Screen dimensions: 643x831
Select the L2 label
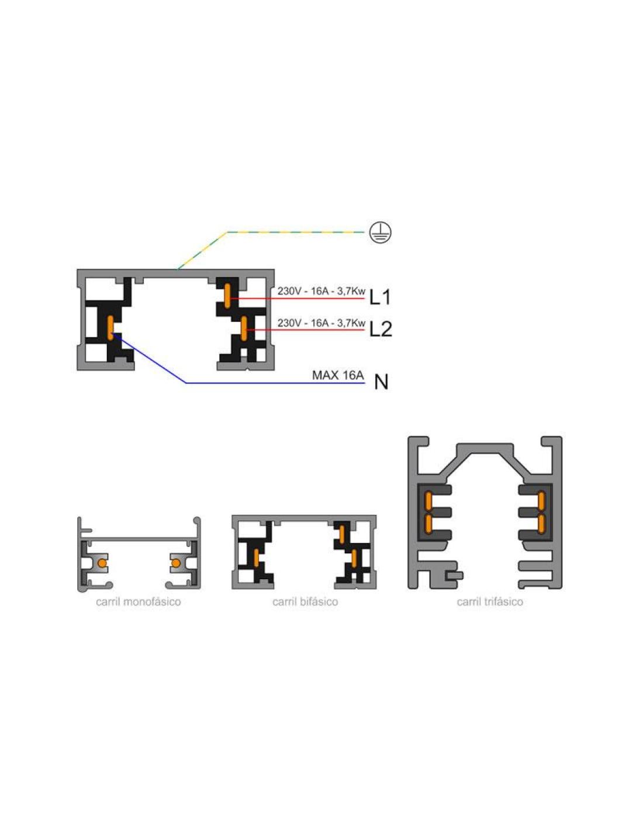click(381, 328)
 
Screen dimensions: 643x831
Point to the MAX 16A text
click(337, 375)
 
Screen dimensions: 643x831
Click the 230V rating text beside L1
click(321, 291)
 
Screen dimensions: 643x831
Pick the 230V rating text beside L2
click(321, 323)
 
